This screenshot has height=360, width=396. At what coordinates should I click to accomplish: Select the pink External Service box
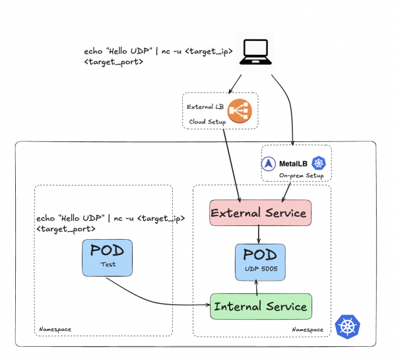tap(259, 213)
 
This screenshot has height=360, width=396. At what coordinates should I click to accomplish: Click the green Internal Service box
tap(259, 306)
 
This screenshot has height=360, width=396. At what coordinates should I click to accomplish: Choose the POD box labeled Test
tap(108, 257)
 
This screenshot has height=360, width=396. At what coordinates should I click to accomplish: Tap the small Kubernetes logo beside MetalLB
tap(319, 163)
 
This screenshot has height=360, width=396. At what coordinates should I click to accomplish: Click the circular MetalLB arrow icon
tap(269, 163)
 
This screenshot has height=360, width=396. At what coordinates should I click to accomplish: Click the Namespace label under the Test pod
tap(54, 328)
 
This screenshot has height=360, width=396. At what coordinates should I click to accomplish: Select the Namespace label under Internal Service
tap(308, 329)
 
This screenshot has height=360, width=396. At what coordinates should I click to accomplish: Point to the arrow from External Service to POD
tap(258, 234)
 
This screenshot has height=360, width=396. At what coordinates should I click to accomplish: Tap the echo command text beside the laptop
tap(158, 56)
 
